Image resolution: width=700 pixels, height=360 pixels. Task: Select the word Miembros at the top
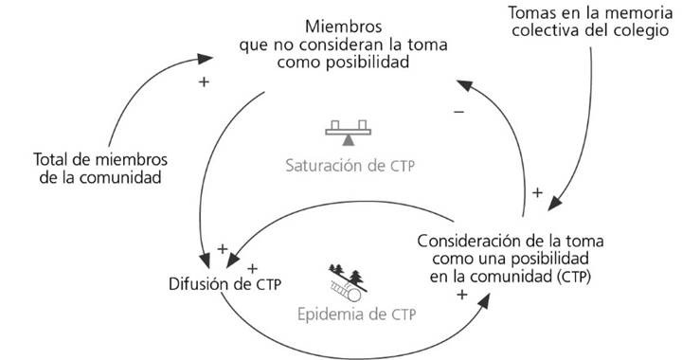tap(344, 22)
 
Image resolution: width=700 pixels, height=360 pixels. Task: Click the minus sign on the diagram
tap(458, 112)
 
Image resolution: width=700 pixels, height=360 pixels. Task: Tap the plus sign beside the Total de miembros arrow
tap(202, 82)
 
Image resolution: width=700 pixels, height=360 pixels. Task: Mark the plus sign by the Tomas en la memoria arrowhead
tap(536, 192)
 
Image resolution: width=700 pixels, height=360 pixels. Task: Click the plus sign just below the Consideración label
tap(462, 296)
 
